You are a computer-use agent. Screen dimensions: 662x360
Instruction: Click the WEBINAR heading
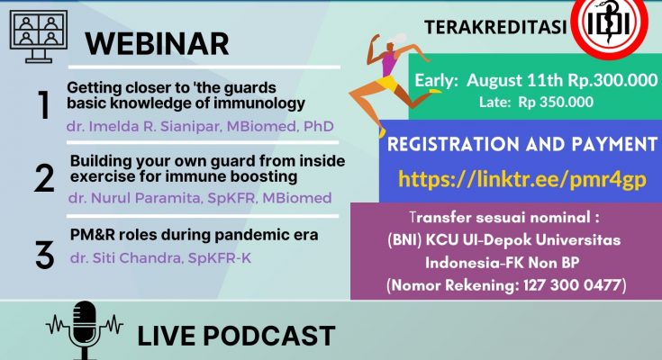pyautogui.click(x=157, y=44)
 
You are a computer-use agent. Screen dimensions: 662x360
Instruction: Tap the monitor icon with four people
pyautogui.click(x=39, y=36)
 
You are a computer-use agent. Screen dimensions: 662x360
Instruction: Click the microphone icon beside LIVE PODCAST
pyautogui.click(x=85, y=330)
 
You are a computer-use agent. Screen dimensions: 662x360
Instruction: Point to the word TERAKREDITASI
pyautogui.click(x=495, y=27)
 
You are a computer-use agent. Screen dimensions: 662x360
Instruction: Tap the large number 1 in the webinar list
pyautogui.click(x=44, y=105)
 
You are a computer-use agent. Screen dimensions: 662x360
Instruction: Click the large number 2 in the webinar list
pyautogui.click(x=44, y=178)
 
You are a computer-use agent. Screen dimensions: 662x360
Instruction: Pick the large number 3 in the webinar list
pyautogui.click(x=45, y=255)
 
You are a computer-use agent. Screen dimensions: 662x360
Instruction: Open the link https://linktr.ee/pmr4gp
pyautogui.click(x=522, y=179)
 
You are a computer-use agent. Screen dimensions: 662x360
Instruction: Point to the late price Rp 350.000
pyautogui.click(x=556, y=102)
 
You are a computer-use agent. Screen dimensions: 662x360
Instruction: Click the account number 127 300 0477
pyautogui.click(x=572, y=285)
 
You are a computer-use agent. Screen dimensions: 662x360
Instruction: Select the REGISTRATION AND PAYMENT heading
pyautogui.click(x=522, y=144)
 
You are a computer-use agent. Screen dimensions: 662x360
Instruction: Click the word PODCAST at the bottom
pyautogui.click(x=269, y=336)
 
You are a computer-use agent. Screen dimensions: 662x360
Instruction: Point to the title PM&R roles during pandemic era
pyautogui.click(x=195, y=235)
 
